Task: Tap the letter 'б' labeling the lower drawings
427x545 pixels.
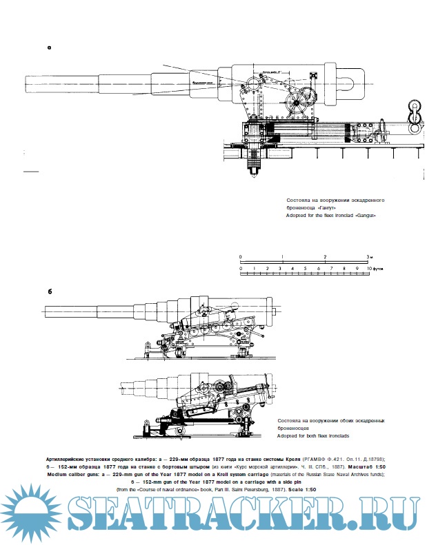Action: tap(50, 291)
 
